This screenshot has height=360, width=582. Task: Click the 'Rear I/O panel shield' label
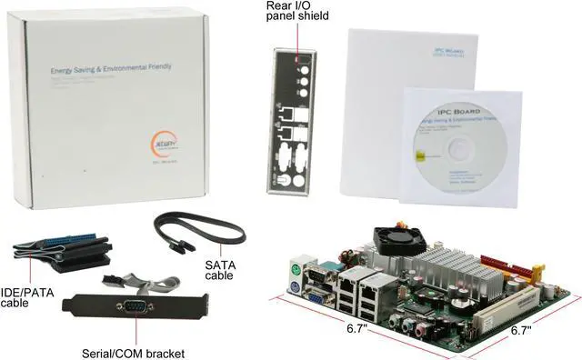coord(296,11)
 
